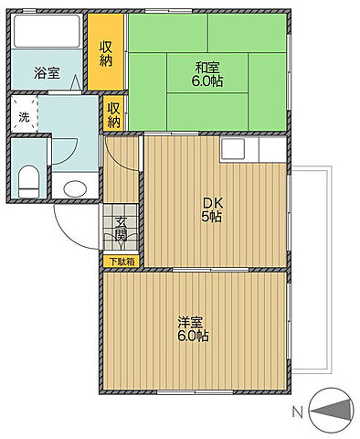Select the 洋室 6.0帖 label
click(193, 329)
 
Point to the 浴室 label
click(48, 72)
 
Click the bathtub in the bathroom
click(48, 33)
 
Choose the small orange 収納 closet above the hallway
click(114, 114)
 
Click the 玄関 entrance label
click(122, 234)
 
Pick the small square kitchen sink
click(231, 148)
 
